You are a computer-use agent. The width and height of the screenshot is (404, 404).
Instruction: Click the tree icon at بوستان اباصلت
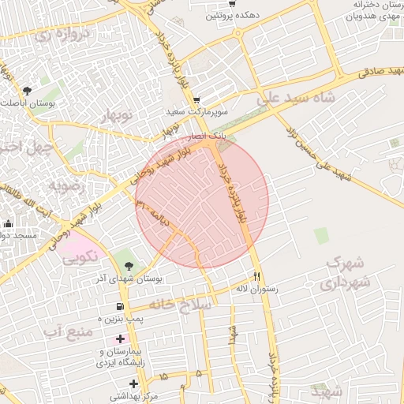[28, 91]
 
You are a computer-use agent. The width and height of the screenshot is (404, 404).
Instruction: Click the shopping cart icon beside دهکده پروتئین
[231, 4]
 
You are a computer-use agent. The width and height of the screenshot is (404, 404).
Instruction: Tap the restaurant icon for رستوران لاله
[256, 276]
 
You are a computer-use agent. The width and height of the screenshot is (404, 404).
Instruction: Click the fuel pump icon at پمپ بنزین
[120, 306]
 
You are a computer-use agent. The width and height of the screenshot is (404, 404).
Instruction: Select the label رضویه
[66, 187]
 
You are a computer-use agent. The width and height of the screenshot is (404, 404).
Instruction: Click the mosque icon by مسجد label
[7, 224]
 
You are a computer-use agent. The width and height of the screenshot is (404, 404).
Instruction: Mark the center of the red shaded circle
[202, 202]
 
